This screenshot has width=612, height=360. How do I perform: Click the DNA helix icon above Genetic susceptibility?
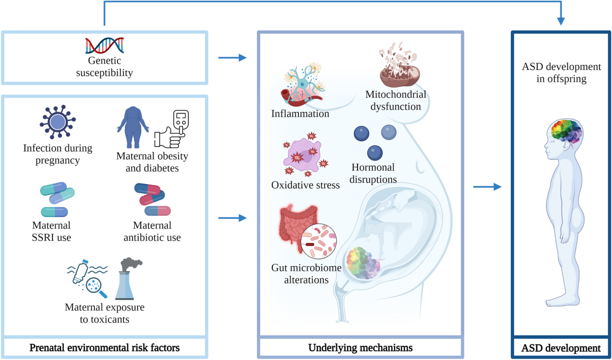coord(105,46)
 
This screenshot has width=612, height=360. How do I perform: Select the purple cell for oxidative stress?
coord(304,156)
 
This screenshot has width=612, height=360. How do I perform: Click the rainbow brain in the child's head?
coord(565,135)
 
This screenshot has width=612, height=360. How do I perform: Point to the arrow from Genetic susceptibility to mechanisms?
coord(232,58)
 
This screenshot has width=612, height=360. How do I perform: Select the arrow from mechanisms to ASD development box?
coord(487,187)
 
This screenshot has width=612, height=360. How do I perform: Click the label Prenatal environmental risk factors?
coord(104,348)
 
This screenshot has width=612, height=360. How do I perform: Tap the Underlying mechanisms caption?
coord(360,348)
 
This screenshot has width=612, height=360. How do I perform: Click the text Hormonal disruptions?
coord(373,173)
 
